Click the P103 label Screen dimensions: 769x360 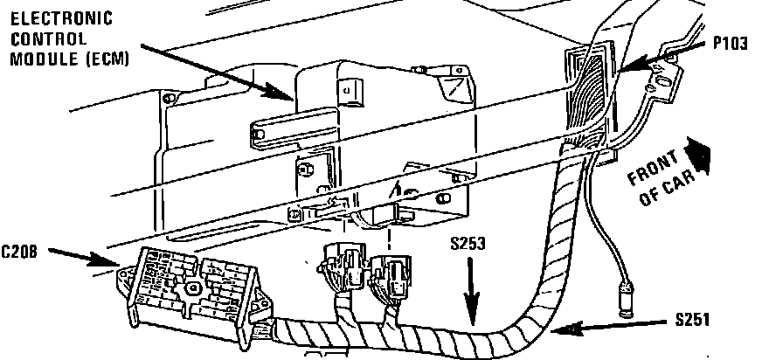[730, 41]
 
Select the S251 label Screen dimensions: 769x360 [694, 321]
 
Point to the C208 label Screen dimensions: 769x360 [19, 252]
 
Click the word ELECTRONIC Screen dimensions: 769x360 [49, 18]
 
